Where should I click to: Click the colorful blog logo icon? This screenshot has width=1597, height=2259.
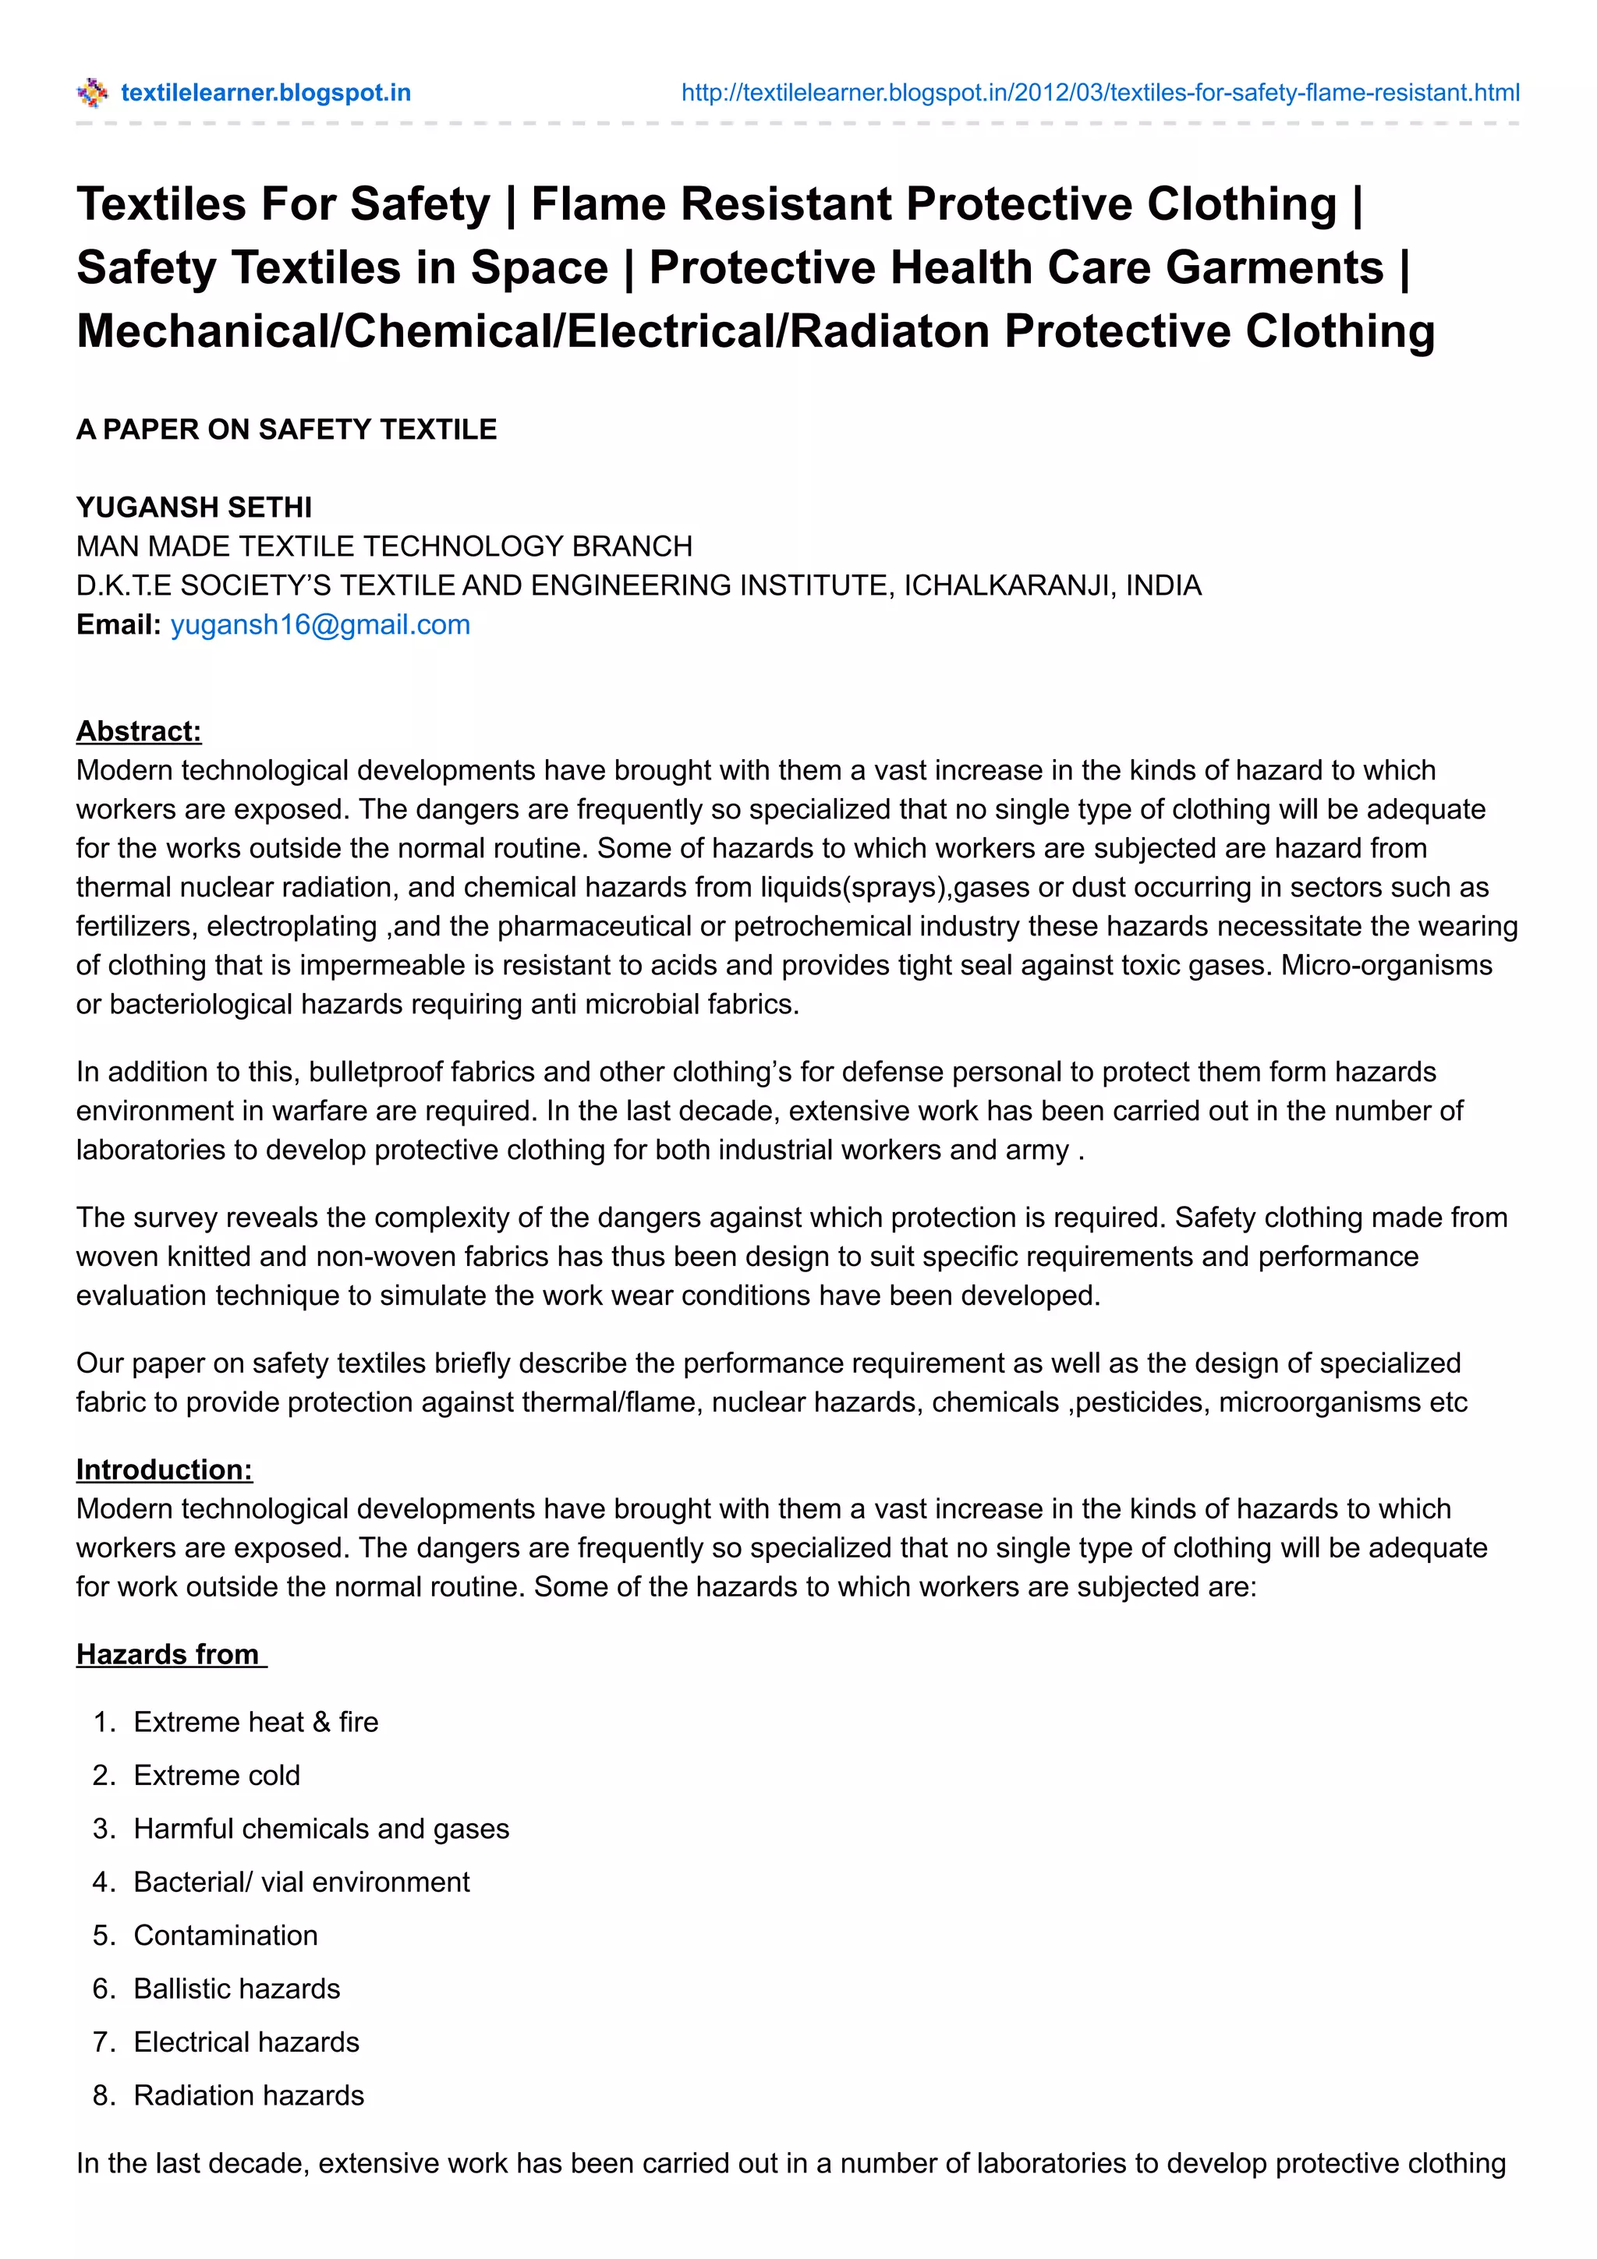(x=91, y=93)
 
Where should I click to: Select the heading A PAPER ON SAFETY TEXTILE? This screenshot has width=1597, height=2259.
(x=286, y=429)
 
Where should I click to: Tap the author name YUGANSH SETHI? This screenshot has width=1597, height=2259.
(x=194, y=507)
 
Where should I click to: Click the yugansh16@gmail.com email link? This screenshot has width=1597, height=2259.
(x=320, y=624)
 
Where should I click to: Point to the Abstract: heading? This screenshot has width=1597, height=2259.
(x=139, y=731)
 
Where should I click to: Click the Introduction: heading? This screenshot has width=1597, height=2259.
(x=165, y=1469)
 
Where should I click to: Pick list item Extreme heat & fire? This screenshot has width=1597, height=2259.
(x=256, y=1722)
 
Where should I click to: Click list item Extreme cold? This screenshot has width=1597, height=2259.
(x=217, y=1775)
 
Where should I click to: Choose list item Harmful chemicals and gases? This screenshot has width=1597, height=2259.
(x=320, y=1828)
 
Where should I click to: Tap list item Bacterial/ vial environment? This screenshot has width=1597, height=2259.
(x=301, y=1881)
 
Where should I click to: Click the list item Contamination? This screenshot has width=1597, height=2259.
(x=225, y=1934)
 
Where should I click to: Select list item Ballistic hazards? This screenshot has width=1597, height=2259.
(x=236, y=1988)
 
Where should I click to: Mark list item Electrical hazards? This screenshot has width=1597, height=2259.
(x=246, y=2042)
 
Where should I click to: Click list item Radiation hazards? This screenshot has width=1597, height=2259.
(x=249, y=2095)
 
